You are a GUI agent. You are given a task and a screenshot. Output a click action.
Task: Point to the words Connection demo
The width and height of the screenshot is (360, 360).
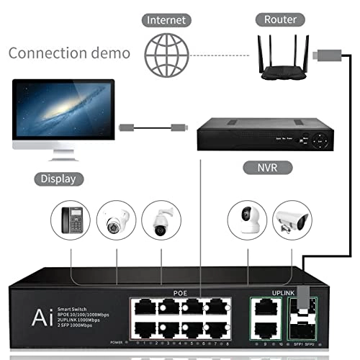(69, 53)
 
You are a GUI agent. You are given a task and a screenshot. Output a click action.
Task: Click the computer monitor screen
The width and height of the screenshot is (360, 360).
(63, 116)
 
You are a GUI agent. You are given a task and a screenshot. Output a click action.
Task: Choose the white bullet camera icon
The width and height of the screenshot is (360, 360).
(291, 219)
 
